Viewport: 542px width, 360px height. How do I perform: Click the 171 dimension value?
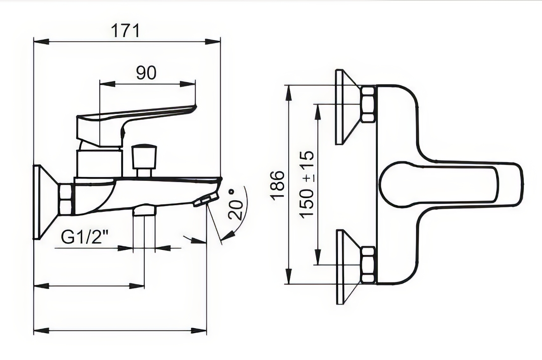pyautogui.click(x=125, y=31)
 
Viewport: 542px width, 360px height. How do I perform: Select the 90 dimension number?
pyautogui.click(x=146, y=73)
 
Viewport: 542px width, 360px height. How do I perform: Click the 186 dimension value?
pyautogui.click(x=277, y=185)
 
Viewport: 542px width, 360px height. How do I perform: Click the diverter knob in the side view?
pyautogui.click(x=144, y=161)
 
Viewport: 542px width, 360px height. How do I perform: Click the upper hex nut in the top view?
pyautogui.click(x=368, y=104)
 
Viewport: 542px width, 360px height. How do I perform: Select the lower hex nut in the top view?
pyautogui.click(x=368, y=265)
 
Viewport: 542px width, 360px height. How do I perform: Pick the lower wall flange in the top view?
pyautogui.click(x=348, y=267)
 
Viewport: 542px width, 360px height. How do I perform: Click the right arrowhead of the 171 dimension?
pyautogui.click(x=213, y=42)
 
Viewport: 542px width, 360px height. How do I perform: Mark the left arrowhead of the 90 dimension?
pyautogui.click(x=107, y=83)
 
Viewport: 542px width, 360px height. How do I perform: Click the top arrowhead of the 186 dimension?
pyautogui.click(x=289, y=93)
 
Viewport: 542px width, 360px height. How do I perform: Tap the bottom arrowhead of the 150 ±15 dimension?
pyautogui.click(x=318, y=257)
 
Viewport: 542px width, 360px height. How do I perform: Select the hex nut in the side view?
pyautogui.click(x=65, y=200)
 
